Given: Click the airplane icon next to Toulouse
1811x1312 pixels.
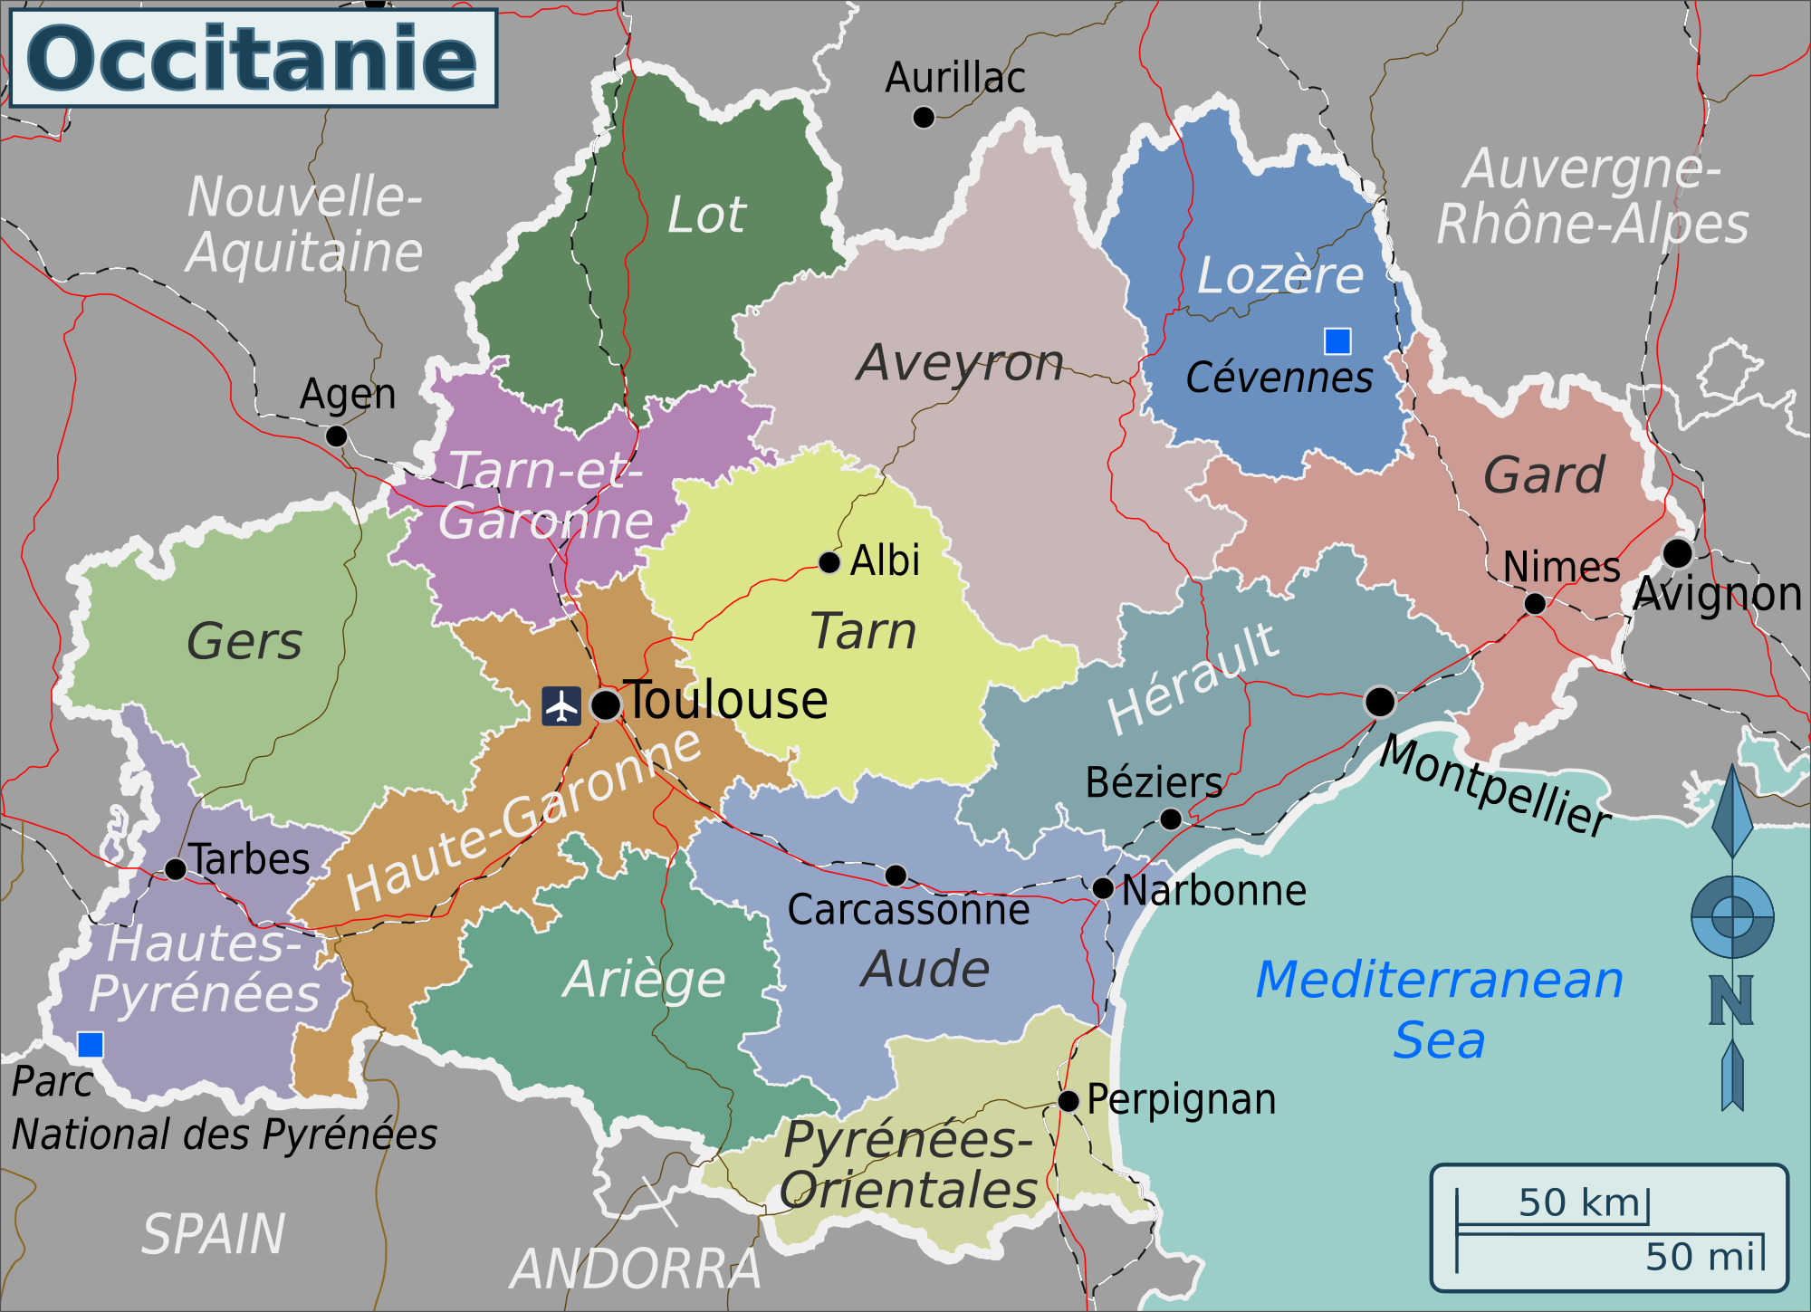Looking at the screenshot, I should (x=561, y=706).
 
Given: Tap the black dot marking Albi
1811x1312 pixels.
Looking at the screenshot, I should (x=829, y=563).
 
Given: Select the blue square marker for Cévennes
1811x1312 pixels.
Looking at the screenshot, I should (x=1337, y=341).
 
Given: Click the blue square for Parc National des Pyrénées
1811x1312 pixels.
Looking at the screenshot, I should (x=91, y=1045).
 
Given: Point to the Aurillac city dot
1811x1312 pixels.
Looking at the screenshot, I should (x=924, y=118).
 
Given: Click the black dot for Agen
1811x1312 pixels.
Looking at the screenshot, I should (x=336, y=436).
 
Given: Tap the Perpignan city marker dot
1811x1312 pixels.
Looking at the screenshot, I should (x=1068, y=1102).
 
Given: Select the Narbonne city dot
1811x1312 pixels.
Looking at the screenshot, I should (x=1103, y=888).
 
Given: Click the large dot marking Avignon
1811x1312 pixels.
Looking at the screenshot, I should (x=1677, y=552).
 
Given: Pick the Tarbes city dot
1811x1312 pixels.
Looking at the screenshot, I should (x=176, y=870).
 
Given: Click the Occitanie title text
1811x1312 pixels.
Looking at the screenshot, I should (x=253, y=59).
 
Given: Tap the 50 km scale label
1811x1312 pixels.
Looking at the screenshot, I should (x=1579, y=1202).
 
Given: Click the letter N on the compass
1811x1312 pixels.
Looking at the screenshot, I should (x=1731, y=1001).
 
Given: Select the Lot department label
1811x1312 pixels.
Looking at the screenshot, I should (x=706, y=215).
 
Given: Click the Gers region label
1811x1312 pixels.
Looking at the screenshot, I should (x=244, y=641).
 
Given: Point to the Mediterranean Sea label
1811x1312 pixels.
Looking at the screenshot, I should (x=1440, y=1009).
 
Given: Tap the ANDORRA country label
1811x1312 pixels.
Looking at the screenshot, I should (x=637, y=1269).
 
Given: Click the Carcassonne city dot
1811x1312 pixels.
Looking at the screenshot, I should (x=896, y=876).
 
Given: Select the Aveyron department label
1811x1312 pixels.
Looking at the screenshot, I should (x=960, y=363).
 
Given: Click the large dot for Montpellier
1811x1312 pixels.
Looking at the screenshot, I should (x=1379, y=702).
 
